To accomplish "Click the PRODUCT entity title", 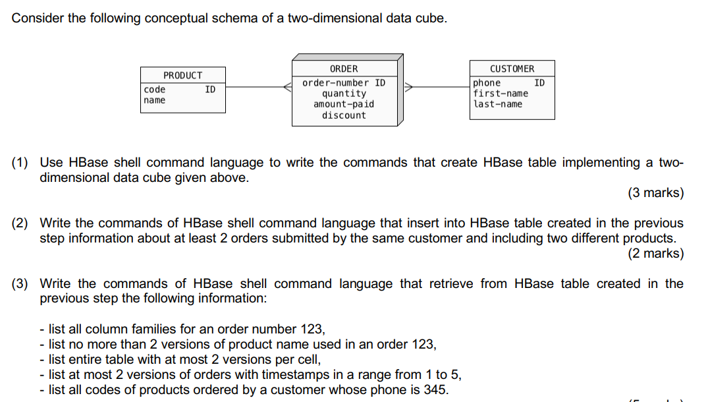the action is point(182,75).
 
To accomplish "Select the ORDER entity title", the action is point(344,69).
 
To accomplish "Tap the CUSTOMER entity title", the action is point(512,69).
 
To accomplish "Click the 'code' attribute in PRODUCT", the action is point(155,90).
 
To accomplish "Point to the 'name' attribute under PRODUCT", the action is point(155,100).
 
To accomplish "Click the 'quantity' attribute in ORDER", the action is point(344,94).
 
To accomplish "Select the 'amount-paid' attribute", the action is point(344,104).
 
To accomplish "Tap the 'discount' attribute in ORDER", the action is point(344,115).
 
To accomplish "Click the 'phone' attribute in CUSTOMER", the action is point(487,83).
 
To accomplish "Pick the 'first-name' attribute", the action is point(501,94).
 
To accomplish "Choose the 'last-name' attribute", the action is point(498,104).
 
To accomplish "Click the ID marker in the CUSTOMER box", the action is point(539,83).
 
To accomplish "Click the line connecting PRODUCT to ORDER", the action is point(258,86).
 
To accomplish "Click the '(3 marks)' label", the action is point(655,193).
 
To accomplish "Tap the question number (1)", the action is point(20,163).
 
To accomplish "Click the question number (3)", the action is point(20,284).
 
